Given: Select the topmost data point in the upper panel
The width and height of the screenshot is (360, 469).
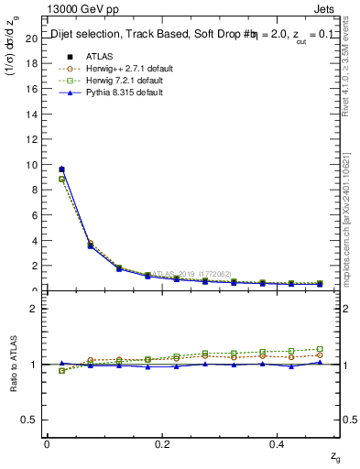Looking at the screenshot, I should [61, 169].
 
